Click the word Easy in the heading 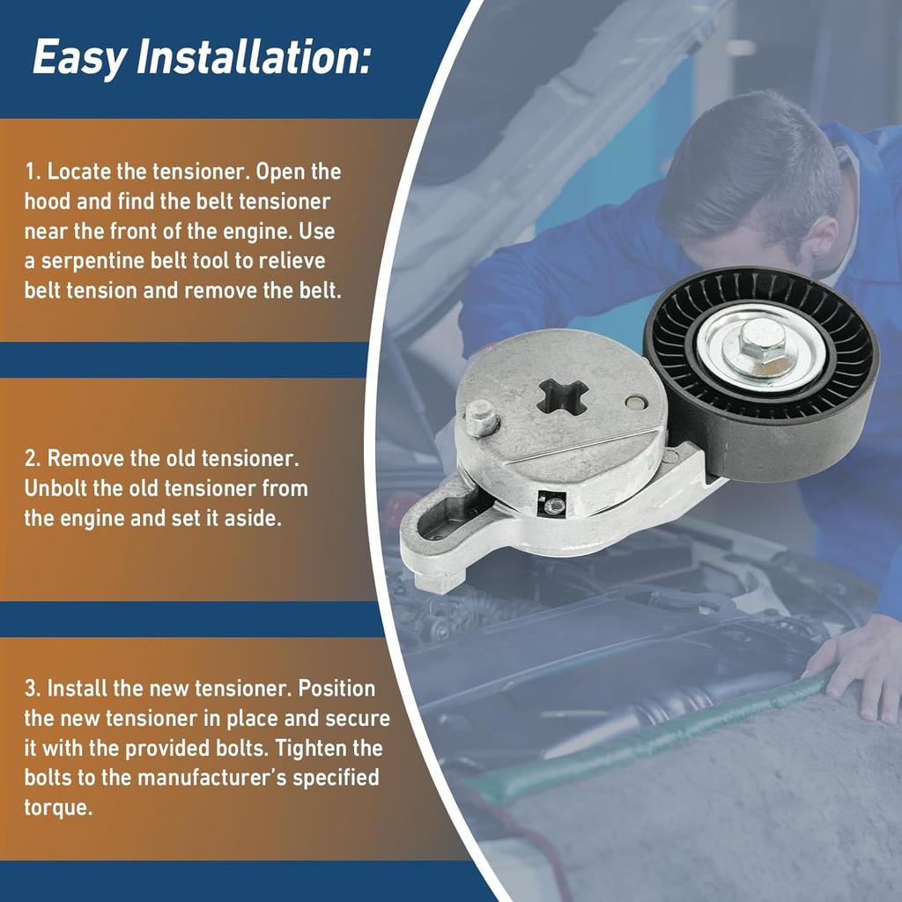click(80, 58)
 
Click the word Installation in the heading click(252, 56)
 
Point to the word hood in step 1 click(47, 202)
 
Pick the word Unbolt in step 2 click(55, 488)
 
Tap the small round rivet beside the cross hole click(636, 402)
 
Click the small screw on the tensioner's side click(553, 506)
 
